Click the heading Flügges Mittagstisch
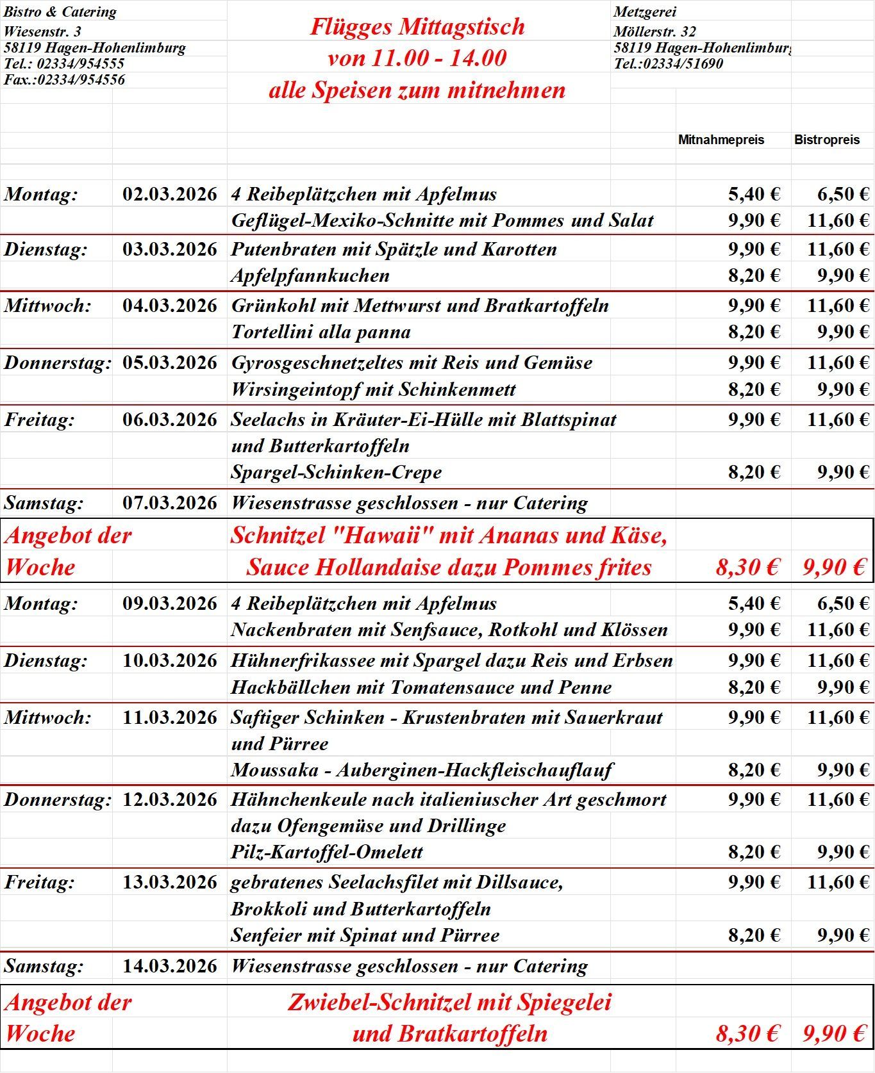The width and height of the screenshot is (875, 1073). (x=417, y=27)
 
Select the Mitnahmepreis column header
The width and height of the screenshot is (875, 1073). (x=721, y=140)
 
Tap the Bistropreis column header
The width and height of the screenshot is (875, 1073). (x=827, y=140)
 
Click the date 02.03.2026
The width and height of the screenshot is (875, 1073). (x=170, y=194)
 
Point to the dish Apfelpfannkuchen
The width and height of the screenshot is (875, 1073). (x=310, y=276)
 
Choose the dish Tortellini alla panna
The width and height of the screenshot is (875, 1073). (x=321, y=332)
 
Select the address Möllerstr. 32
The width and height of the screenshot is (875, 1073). (x=654, y=31)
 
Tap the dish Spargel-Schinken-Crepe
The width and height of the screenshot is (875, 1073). (x=337, y=472)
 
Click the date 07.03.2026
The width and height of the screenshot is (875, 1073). (x=170, y=503)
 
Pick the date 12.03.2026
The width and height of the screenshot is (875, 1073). (x=170, y=799)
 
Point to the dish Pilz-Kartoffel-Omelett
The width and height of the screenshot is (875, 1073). (x=327, y=852)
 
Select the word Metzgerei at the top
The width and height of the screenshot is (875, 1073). (x=645, y=12)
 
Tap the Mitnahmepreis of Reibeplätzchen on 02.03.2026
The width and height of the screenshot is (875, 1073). (x=754, y=194)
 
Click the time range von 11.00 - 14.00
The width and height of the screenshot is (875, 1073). (x=417, y=58)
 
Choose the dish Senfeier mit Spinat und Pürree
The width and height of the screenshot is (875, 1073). (x=365, y=935)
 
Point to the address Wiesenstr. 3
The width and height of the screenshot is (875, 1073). (x=42, y=31)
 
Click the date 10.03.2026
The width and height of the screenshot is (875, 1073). (x=170, y=660)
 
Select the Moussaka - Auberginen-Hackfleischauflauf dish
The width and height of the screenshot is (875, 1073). (x=422, y=770)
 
